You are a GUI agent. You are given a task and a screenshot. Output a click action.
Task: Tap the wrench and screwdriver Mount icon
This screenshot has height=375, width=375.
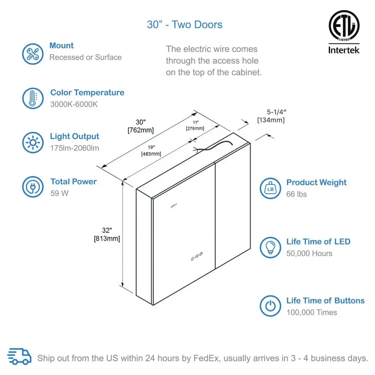[x=33, y=54]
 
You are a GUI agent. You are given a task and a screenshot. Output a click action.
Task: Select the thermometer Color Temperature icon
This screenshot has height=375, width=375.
[x=33, y=98]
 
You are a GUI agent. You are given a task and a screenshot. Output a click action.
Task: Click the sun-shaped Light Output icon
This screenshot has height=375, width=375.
[x=33, y=142]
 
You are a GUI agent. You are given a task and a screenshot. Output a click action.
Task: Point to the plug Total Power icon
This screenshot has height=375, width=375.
[x=33, y=187]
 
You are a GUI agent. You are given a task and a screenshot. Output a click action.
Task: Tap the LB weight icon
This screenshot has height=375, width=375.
[x=271, y=188]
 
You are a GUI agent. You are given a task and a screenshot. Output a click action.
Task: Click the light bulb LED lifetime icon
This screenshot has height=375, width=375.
[x=271, y=247]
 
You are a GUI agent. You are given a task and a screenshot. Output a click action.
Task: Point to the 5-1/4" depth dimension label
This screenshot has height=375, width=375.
[x=271, y=116]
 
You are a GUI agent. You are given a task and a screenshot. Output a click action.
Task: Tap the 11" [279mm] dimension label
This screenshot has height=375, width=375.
[x=194, y=125]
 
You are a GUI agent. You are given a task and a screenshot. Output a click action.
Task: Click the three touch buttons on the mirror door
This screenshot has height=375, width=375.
[x=196, y=257]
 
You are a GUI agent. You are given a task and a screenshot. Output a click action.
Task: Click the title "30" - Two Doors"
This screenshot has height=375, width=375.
[x=185, y=25]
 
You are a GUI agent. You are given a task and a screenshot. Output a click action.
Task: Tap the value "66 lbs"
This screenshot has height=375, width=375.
[x=297, y=194]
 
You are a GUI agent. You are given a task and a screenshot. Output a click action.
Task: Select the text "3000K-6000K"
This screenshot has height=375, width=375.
[x=74, y=104]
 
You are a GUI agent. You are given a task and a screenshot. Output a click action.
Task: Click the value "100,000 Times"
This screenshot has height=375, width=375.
[x=312, y=312]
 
